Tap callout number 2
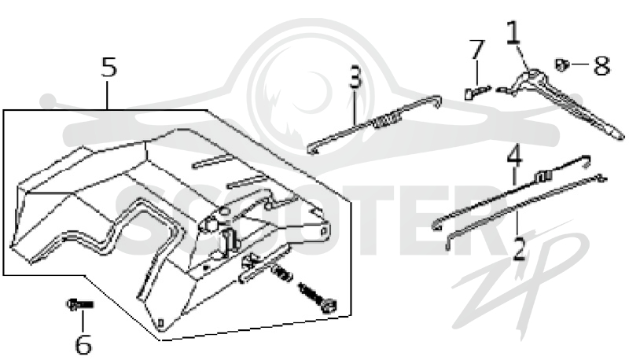point(520,249)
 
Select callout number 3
point(355,77)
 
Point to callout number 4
point(515,155)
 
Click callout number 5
point(109,67)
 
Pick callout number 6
point(83,343)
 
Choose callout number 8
point(601,65)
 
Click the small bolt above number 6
point(80,305)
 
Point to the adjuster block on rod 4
point(542,175)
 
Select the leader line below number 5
point(107,94)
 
